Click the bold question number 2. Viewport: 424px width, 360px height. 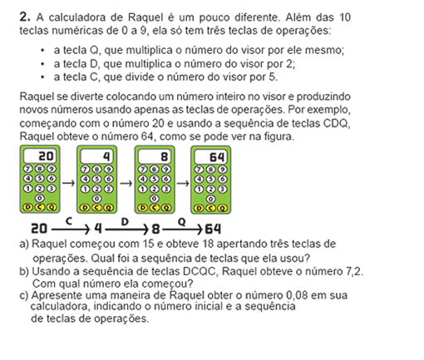point(25,17)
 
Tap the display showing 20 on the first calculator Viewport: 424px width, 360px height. point(40,156)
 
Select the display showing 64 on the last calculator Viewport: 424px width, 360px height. point(211,157)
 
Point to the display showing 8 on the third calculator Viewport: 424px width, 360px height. point(155,156)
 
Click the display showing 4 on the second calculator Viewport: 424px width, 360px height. point(96,156)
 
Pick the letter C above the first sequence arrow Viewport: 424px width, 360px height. point(69,221)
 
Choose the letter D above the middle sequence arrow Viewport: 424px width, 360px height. point(125,221)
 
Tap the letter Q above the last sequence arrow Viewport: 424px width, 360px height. point(181,222)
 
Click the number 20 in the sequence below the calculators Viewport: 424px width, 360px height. point(39,229)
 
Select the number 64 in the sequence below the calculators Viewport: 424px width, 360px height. point(213,229)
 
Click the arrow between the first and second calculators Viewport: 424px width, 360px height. point(68,183)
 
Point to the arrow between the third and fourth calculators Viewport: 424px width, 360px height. point(183,183)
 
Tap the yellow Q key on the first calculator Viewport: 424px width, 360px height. point(52,207)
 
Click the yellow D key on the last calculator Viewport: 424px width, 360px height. point(198,208)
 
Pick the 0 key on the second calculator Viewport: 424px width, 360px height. point(96,199)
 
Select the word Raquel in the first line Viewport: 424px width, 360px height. point(145,17)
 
